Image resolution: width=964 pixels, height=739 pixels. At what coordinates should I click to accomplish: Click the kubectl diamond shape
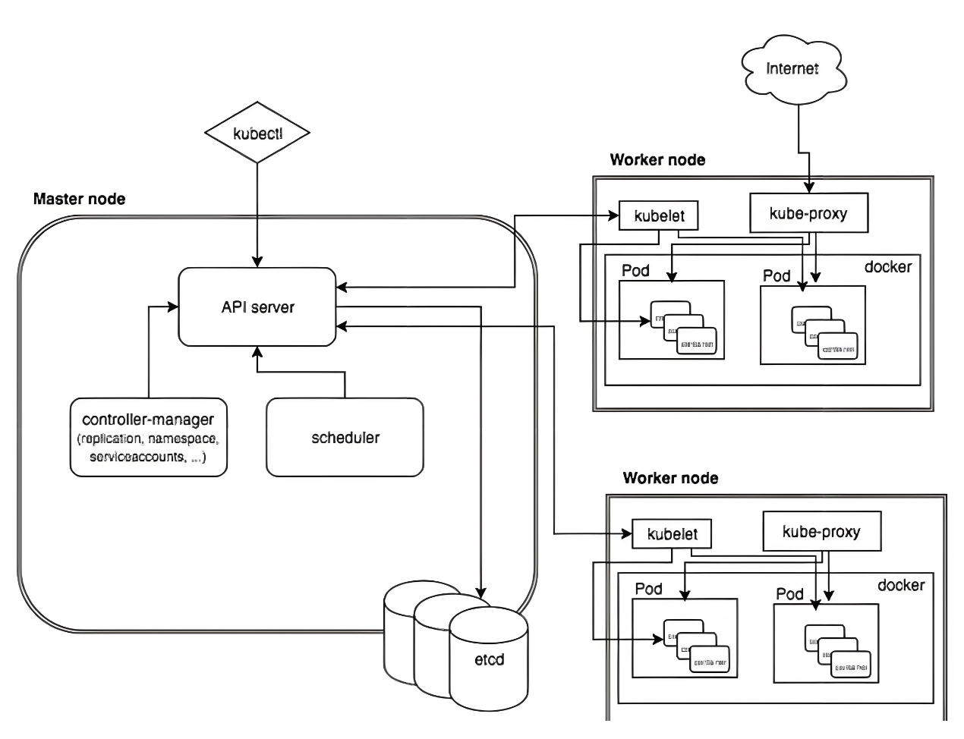coord(257,134)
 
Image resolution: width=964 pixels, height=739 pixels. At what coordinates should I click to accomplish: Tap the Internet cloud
coord(792,69)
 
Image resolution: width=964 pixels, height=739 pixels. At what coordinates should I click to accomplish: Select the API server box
coord(257,307)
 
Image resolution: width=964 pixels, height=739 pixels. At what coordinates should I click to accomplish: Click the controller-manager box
coord(149,437)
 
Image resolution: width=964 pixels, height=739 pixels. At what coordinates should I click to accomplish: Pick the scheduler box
coord(345,437)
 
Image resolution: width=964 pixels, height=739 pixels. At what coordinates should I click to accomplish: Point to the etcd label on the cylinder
coord(489,659)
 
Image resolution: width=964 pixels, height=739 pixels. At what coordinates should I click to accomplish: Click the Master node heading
coord(79,199)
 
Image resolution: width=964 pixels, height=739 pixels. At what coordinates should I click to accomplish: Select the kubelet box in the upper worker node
coord(659,215)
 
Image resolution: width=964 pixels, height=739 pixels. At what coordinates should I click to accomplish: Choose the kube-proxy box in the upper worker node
coord(808,213)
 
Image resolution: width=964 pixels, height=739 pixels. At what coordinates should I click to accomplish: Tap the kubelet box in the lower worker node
coord(673,534)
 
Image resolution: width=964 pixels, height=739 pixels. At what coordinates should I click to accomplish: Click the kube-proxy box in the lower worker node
coord(821,531)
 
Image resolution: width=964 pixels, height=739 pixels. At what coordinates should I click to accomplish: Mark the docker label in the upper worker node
coord(887,267)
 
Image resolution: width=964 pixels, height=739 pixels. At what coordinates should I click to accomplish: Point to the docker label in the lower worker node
coord(901,585)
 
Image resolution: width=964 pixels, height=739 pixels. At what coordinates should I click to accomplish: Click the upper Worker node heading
coord(657,160)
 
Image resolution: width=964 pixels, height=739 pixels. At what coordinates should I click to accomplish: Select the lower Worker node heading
coord(670,478)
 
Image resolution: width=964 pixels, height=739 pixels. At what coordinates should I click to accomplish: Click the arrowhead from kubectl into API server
coord(257,262)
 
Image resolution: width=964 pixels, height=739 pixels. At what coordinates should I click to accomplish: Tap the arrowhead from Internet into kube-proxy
coord(809,187)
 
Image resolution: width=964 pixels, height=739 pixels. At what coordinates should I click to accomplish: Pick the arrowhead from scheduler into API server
coord(257,351)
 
